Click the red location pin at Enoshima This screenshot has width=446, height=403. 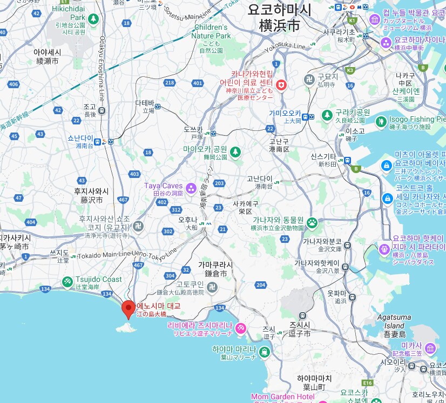click(128, 308)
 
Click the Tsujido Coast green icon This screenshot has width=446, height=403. click(67, 281)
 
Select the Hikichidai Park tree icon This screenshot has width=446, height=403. click(93, 19)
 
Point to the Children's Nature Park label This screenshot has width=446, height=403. click(211, 31)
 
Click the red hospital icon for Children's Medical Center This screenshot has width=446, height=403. click(281, 85)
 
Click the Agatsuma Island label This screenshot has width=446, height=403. click(394, 322)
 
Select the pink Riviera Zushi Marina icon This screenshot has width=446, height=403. click(241, 328)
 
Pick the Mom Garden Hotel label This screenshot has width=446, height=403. click(282, 397)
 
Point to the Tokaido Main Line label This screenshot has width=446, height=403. click(103, 254)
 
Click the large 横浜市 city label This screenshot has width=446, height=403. click(279, 25)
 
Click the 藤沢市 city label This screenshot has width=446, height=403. click(91, 200)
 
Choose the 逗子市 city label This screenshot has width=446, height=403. click(300, 333)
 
